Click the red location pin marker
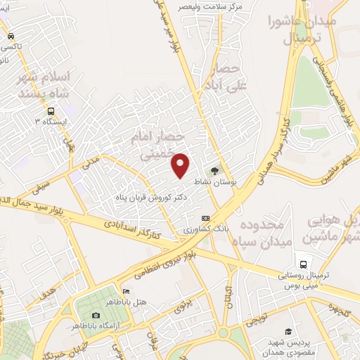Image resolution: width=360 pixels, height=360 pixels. (181, 165)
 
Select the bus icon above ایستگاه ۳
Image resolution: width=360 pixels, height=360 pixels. (51, 110)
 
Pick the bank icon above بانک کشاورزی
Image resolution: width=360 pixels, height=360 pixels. (205, 218)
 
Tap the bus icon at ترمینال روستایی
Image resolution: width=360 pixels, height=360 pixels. (302, 264)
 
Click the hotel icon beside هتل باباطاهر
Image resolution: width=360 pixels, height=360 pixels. (125, 292)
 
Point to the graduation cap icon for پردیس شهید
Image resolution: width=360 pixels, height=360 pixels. (288, 331)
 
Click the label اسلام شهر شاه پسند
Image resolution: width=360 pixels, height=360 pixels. (44, 84)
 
